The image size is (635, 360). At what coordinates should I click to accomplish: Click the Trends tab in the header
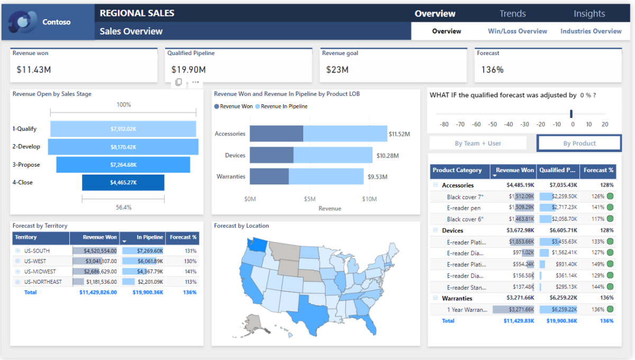[512, 13]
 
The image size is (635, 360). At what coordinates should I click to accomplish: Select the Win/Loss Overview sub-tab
[518, 31]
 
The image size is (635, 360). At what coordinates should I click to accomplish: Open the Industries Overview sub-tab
[591, 31]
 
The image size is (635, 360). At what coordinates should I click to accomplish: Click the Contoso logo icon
[22, 22]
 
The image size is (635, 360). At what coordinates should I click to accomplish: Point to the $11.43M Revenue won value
[34, 69]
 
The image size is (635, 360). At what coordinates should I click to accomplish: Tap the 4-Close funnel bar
[123, 183]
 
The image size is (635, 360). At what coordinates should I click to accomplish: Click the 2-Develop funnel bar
[123, 147]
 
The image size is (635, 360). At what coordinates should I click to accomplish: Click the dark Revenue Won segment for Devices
[271, 155]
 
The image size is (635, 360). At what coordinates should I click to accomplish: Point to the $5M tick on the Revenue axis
[310, 199]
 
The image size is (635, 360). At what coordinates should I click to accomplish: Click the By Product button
[579, 143]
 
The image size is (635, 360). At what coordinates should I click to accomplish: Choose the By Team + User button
[478, 143]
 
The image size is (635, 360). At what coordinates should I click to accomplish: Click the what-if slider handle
[571, 114]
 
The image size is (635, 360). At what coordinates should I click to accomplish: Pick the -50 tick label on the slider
[493, 124]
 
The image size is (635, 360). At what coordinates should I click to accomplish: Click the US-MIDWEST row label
[40, 272]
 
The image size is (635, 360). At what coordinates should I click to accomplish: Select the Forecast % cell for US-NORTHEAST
[190, 282]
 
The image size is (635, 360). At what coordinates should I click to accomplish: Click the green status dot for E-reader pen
[610, 208]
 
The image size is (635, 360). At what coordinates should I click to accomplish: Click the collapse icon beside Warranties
[436, 298]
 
